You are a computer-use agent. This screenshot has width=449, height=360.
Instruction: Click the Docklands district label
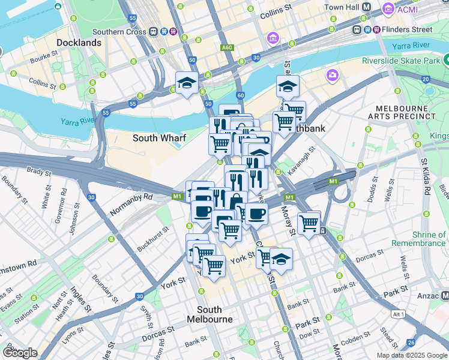[x=79, y=43]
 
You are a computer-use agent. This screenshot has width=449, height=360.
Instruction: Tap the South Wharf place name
[x=159, y=138]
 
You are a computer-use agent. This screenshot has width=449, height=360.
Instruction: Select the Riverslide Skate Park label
[x=400, y=60]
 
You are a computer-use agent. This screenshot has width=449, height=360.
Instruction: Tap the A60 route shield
[x=227, y=47]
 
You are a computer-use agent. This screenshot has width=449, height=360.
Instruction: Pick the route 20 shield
[x=425, y=79]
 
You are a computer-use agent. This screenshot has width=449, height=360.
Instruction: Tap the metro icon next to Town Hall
[x=367, y=7]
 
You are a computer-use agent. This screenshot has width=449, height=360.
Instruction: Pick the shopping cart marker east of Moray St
[x=309, y=223]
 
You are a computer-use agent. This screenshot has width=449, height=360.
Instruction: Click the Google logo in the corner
[x=20, y=352]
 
